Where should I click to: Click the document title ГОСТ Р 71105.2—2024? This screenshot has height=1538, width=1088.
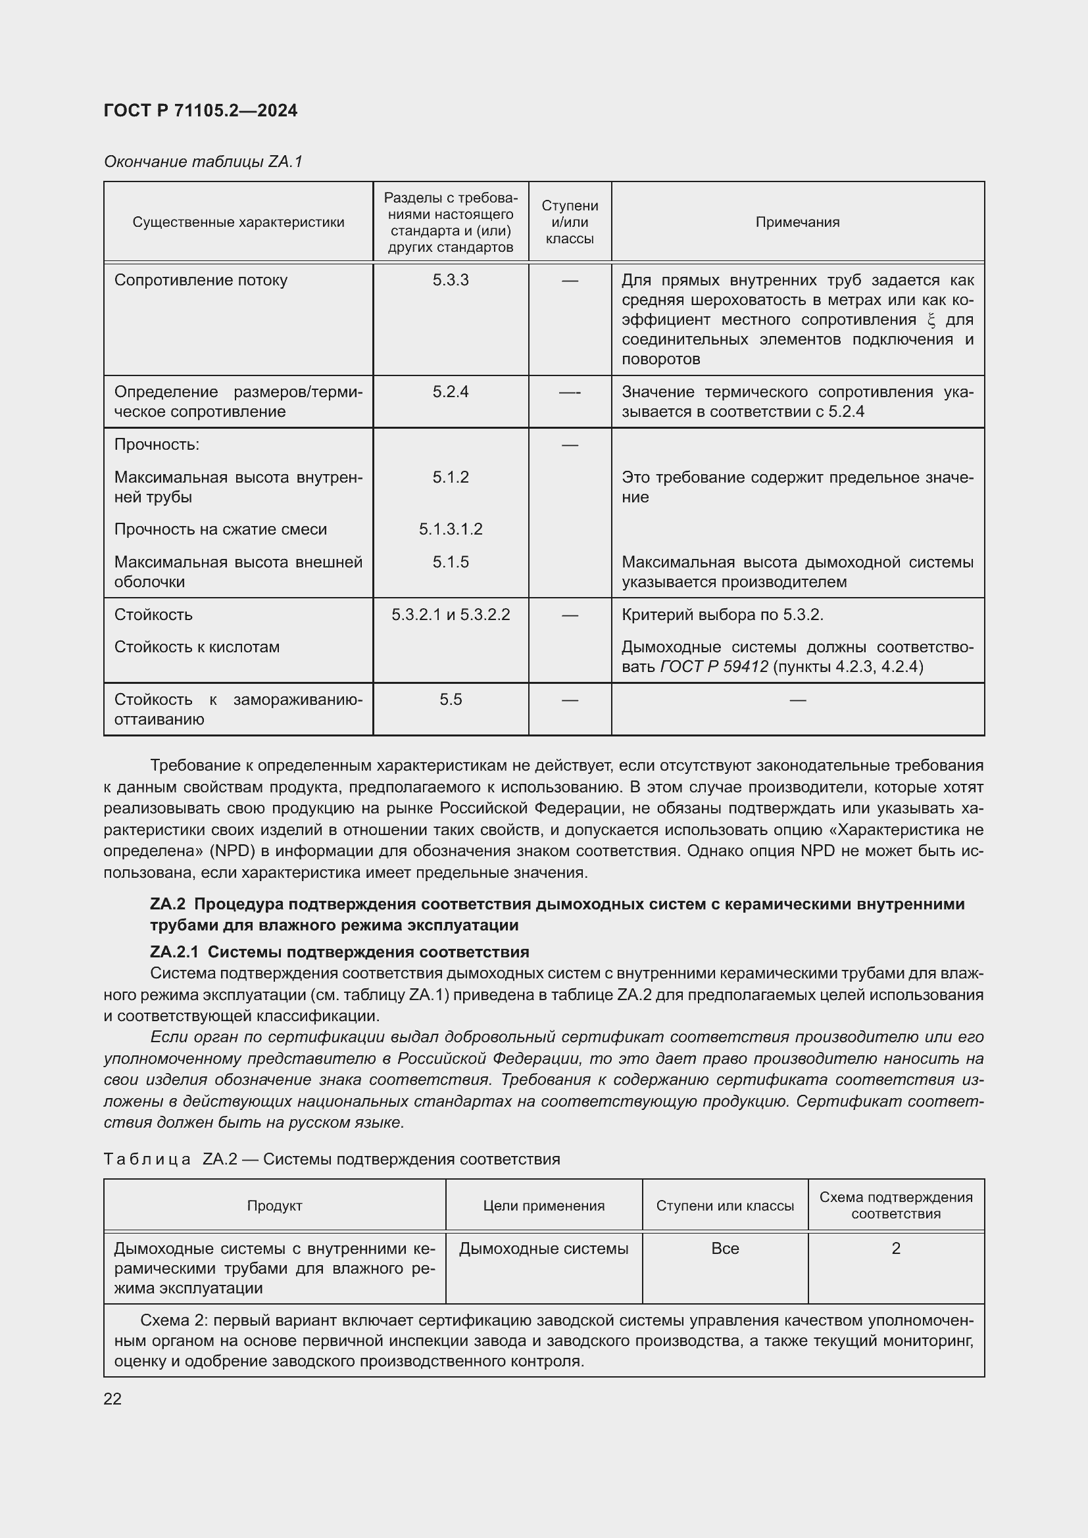(201, 110)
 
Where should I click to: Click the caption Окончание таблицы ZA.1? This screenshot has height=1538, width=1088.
(203, 162)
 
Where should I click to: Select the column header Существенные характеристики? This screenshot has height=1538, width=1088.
(238, 222)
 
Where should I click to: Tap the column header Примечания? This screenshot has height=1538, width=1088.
(797, 222)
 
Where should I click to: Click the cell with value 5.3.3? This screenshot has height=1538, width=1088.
(450, 280)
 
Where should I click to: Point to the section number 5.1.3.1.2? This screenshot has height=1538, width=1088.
(450, 529)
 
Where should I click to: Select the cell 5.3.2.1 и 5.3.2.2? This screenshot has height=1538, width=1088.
(450, 614)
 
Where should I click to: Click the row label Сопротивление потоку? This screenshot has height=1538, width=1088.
(201, 280)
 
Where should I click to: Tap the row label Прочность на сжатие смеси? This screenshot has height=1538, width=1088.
(220, 529)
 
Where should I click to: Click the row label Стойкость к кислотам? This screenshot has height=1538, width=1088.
(197, 647)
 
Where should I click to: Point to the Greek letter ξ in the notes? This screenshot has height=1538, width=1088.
(931, 320)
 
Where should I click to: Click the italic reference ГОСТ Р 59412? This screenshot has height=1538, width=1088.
(714, 667)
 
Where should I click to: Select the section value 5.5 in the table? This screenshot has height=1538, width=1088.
(450, 700)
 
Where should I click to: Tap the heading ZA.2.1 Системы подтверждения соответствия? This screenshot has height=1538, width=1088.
(339, 952)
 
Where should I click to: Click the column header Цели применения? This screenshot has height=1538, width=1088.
(543, 1206)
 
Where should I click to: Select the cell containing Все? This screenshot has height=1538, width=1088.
(725, 1249)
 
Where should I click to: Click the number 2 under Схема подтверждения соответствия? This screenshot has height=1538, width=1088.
(896, 1249)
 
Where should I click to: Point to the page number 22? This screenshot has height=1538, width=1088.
(112, 1399)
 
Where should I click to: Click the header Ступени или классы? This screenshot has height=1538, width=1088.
(725, 1206)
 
